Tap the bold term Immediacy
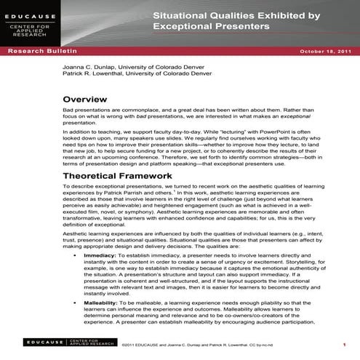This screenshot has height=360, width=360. [99, 256]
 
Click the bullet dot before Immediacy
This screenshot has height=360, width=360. [76, 257]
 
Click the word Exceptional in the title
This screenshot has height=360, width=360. [183, 26]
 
